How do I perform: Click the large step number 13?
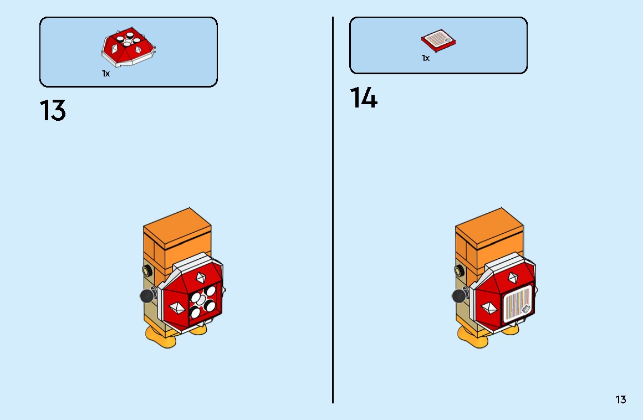(x=53, y=110)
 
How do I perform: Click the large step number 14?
(x=363, y=98)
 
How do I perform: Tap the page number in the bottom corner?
(x=621, y=399)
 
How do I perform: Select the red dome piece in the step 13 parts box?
(x=129, y=47)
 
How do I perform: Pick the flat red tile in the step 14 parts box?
(x=438, y=40)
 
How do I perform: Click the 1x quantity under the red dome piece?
(x=106, y=73)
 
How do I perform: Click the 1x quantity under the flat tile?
(x=426, y=58)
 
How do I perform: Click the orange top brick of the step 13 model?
(x=177, y=240)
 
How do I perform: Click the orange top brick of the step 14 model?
(x=489, y=240)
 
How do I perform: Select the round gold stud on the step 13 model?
(x=147, y=270)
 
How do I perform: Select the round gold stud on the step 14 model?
(x=460, y=270)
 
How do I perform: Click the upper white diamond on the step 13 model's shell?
(x=201, y=278)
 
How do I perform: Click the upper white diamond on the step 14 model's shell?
(x=513, y=278)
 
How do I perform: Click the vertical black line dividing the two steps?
(x=333, y=210)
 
